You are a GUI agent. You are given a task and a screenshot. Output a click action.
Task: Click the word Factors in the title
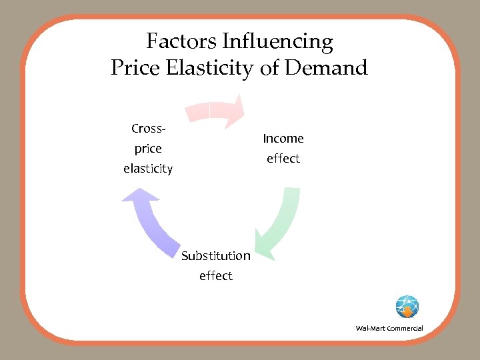coord(181,42)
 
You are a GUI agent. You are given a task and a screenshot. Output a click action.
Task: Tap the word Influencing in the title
coord(277,43)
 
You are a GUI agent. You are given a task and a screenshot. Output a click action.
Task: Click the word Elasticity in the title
coord(211,68)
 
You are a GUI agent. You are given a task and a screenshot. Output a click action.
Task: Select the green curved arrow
coord(280,223)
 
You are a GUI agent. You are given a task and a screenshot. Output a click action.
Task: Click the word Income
coord(283,139)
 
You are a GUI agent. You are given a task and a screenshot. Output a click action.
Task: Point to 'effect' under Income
coord(283,159)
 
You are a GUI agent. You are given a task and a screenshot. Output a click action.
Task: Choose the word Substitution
coord(216,256)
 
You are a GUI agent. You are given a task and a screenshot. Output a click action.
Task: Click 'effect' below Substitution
coord(216,276)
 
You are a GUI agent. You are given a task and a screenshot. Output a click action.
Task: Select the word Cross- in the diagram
coord(148,128)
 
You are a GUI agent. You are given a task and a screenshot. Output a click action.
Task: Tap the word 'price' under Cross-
coord(148,149)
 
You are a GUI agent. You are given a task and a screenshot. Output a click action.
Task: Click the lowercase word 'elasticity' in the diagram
coord(148,169)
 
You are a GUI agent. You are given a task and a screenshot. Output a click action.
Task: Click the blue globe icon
coord(407,307)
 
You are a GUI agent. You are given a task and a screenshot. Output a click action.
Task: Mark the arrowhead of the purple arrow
coord(140,197)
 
